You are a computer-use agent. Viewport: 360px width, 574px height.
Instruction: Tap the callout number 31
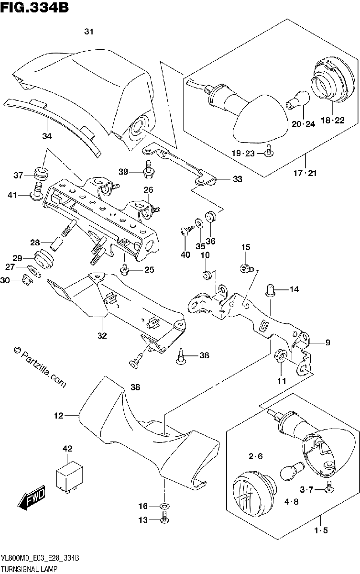(88, 32)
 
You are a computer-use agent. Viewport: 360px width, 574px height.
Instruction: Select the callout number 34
(47, 136)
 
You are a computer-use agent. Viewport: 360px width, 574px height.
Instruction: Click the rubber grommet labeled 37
(42, 174)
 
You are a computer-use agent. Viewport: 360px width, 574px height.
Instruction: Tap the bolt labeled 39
(147, 170)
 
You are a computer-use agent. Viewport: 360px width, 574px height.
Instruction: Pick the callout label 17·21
(305, 174)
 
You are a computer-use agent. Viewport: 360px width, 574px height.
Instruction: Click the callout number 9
(328, 342)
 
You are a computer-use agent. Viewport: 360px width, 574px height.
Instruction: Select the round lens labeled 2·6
(254, 490)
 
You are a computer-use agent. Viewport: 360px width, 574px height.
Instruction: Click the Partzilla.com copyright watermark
(39, 367)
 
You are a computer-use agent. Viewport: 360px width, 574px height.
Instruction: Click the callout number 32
(102, 335)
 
